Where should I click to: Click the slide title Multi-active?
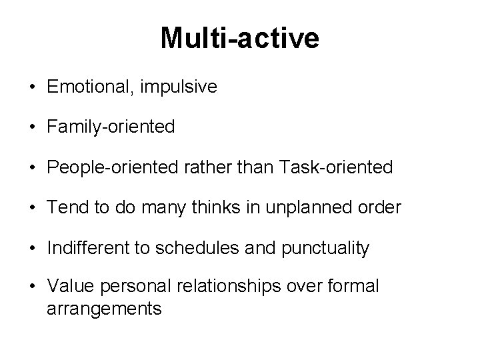239,39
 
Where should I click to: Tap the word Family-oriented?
111,127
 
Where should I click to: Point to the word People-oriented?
107,167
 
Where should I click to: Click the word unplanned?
307,208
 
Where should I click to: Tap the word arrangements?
105,309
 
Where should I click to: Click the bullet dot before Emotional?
31,87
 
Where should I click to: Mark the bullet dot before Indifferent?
31,249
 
